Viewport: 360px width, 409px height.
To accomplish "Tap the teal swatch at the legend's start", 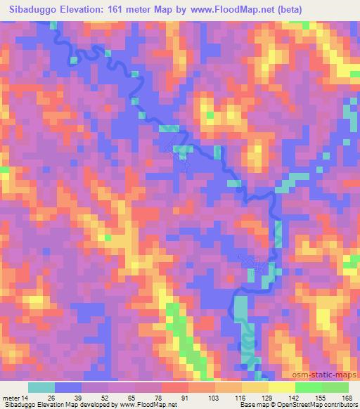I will (42, 387).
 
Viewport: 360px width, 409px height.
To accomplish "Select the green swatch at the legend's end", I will (335, 387).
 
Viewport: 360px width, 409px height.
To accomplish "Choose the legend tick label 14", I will (25, 397).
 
